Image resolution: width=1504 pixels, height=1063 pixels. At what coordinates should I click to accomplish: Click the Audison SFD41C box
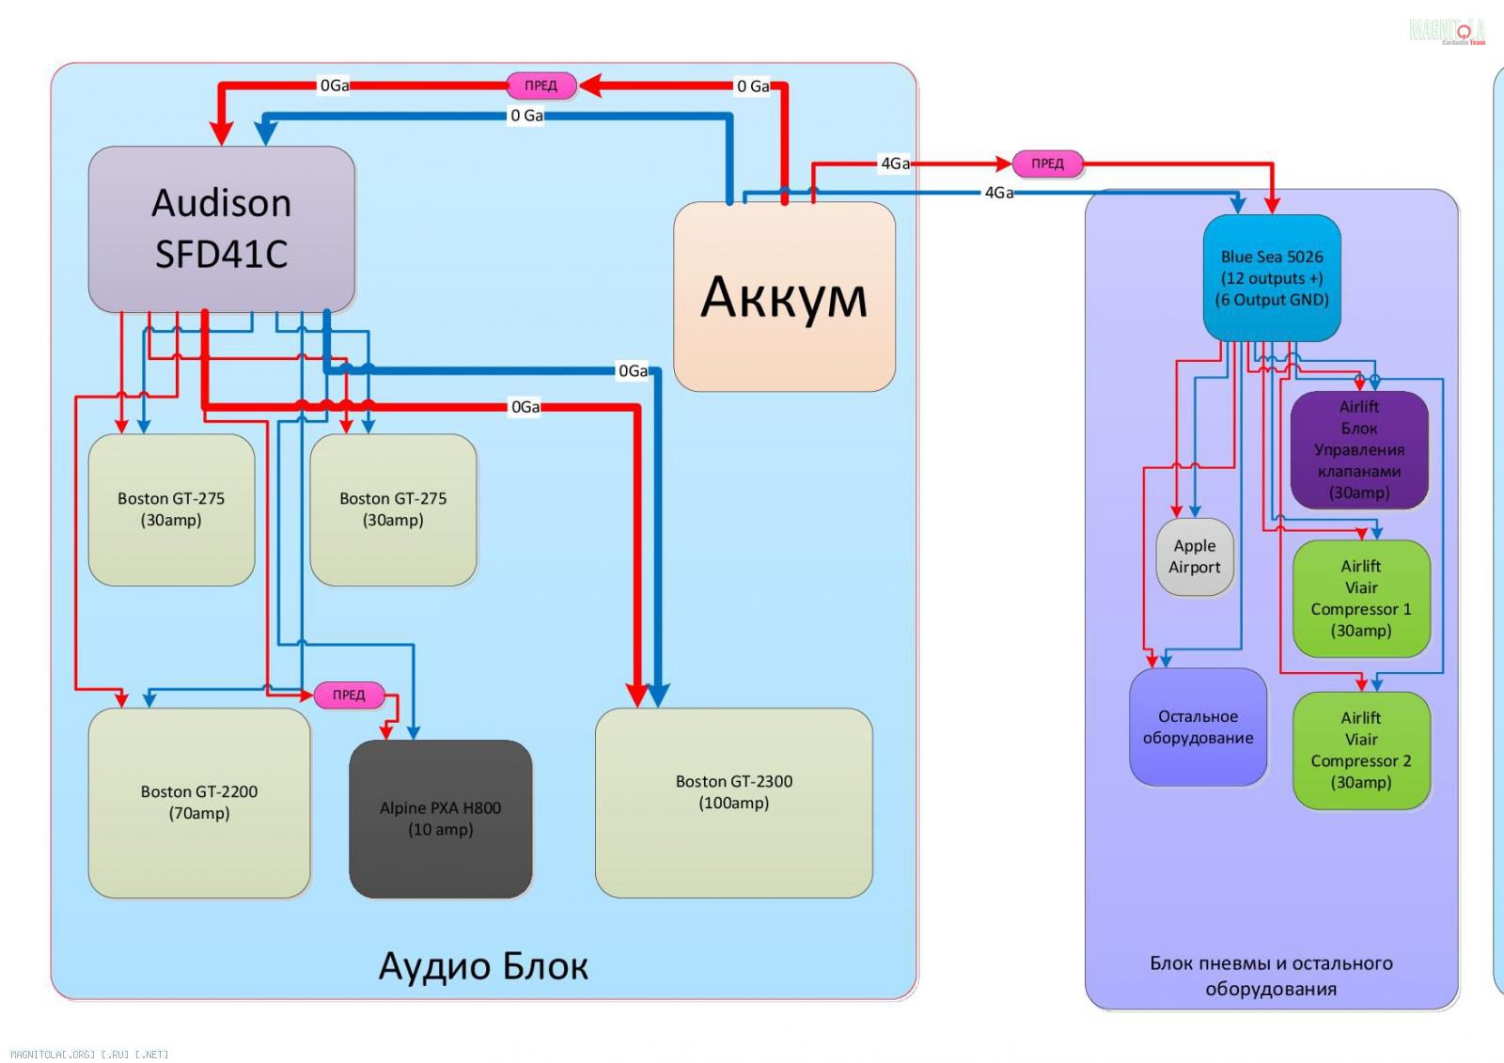[x=221, y=229]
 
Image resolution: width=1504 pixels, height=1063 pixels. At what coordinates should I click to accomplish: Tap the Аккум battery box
[x=784, y=297]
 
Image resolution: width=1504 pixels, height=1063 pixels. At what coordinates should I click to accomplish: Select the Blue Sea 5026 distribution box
[x=1272, y=278]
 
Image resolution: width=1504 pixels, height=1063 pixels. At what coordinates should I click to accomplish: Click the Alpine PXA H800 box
[x=440, y=819]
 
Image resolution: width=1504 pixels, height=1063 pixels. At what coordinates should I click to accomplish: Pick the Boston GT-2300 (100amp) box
[x=733, y=803]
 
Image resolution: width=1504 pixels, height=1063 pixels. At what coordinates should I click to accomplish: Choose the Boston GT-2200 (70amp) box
[x=198, y=803]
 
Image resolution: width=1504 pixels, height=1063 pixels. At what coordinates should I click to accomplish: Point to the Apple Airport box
[x=1195, y=556]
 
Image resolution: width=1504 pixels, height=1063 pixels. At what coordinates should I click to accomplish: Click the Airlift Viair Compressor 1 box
[x=1361, y=598]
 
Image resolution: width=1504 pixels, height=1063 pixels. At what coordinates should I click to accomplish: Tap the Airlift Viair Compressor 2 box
[x=1361, y=750]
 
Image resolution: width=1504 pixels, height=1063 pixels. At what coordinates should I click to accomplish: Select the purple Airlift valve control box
[x=1359, y=449]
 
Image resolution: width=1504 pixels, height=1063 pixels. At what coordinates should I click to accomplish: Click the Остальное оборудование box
[x=1198, y=727]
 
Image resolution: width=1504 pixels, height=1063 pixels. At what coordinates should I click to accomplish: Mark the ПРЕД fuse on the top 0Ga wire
[x=540, y=86]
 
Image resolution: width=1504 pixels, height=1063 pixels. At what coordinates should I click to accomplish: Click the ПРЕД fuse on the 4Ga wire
[x=1047, y=164]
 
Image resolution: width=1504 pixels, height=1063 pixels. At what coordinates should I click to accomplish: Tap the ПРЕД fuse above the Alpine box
[x=349, y=695]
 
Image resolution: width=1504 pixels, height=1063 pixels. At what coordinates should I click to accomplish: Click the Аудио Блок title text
[x=483, y=966]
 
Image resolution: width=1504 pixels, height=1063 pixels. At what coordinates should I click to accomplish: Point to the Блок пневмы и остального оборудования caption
[x=1271, y=976]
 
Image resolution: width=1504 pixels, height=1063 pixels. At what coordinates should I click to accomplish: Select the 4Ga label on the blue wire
[x=998, y=193]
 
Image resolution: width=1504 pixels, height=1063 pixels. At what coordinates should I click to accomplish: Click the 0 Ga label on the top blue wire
[x=526, y=116]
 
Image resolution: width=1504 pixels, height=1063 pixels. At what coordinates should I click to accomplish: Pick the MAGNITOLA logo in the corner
[x=1447, y=31]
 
